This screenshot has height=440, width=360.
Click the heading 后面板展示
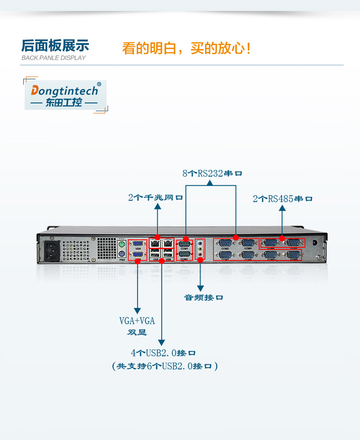point(55,46)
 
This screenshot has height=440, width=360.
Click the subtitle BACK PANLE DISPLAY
point(53,58)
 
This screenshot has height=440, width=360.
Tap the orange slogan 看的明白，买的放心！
point(186,48)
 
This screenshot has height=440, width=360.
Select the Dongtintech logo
point(65,95)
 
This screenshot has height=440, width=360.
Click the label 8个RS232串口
point(212,174)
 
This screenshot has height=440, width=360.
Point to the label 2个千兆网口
point(155,198)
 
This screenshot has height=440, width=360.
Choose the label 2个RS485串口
point(283,199)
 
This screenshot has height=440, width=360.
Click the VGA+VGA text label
point(137,321)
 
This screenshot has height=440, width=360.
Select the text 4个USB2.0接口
point(163,353)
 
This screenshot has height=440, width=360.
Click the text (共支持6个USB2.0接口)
point(165,366)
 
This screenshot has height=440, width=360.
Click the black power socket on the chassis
point(50,250)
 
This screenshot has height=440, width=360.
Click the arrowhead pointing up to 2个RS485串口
point(282,208)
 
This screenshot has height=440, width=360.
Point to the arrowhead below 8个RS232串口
point(210,182)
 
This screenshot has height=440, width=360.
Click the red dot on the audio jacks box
point(200,260)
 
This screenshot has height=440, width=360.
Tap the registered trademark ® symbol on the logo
point(99,84)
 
